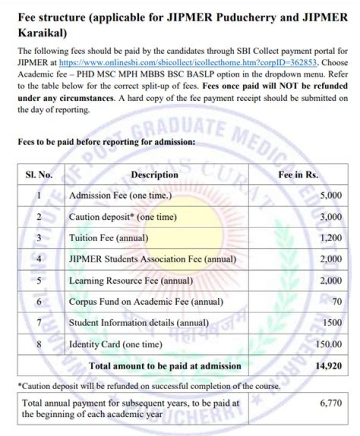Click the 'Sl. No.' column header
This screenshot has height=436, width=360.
click(x=38, y=175)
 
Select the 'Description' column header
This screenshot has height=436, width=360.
click(x=154, y=175)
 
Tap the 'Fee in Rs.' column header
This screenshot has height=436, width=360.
click(x=298, y=175)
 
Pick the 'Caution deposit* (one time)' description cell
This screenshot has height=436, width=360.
click(x=123, y=217)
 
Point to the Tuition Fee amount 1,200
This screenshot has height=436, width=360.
click(x=331, y=238)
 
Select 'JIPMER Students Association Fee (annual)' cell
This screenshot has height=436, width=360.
click(x=152, y=259)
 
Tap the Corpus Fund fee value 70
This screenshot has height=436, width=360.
click(x=337, y=302)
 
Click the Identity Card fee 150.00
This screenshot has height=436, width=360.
click(x=328, y=345)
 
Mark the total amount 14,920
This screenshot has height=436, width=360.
click(x=328, y=366)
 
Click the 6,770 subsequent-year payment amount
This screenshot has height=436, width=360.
click(x=330, y=403)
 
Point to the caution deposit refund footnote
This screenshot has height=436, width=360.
click(x=148, y=387)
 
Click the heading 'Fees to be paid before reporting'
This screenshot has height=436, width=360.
click(x=106, y=142)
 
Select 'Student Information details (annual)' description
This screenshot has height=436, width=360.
click(x=138, y=323)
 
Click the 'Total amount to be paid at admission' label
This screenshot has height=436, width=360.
click(x=165, y=366)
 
